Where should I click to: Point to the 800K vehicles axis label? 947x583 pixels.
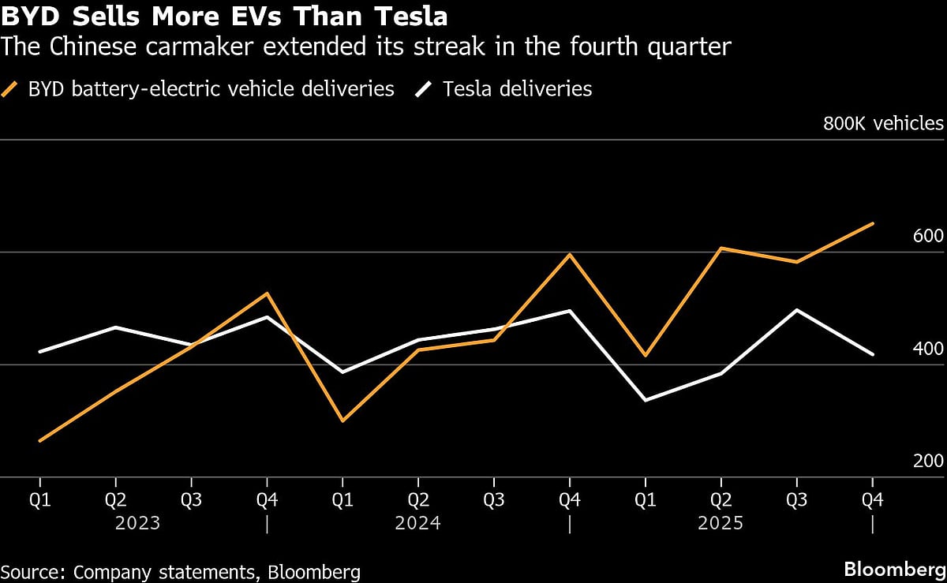pos(883,124)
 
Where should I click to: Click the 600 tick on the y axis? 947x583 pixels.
pos(928,237)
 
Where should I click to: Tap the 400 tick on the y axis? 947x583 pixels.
pos(928,349)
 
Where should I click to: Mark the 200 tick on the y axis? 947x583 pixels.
pos(928,462)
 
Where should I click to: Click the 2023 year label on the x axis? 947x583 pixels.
pos(139,523)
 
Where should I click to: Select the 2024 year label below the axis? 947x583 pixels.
pos(417,523)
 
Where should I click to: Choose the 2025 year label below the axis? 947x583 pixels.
pos(721,523)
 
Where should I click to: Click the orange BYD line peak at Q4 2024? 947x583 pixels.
pos(569,255)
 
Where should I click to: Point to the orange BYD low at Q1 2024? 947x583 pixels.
pos(342,420)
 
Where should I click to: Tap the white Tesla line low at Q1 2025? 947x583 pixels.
pos(645,400)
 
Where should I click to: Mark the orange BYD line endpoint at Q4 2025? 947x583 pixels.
pos(872,224)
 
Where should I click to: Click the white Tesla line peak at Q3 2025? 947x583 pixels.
pos(796,310)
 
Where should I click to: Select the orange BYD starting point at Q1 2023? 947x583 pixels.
pos(39,440)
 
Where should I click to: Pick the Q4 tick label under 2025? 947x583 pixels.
pos(872,500)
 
